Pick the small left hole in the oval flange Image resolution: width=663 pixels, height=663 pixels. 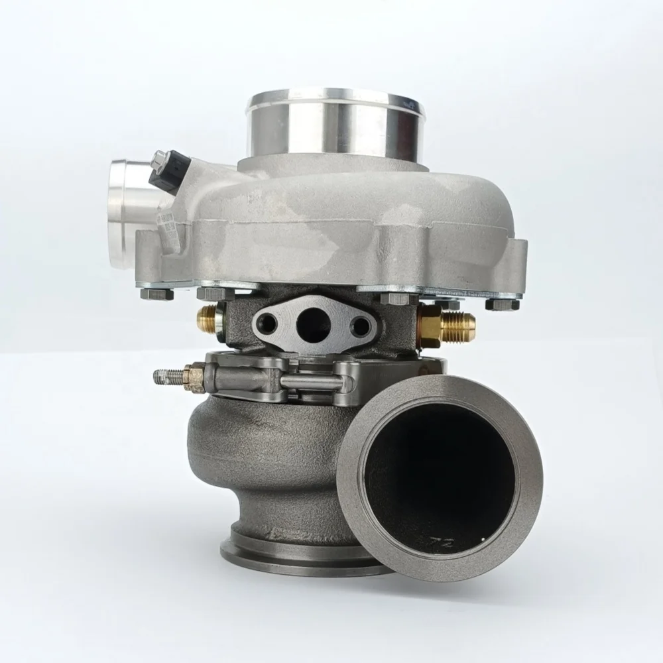268,324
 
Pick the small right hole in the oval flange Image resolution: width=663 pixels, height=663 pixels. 361,326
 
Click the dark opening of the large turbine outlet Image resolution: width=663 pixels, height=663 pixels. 438,477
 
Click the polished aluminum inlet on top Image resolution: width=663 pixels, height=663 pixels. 334,126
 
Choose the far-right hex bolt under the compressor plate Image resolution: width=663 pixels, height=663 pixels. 503,304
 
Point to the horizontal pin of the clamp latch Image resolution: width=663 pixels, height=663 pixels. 312,381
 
